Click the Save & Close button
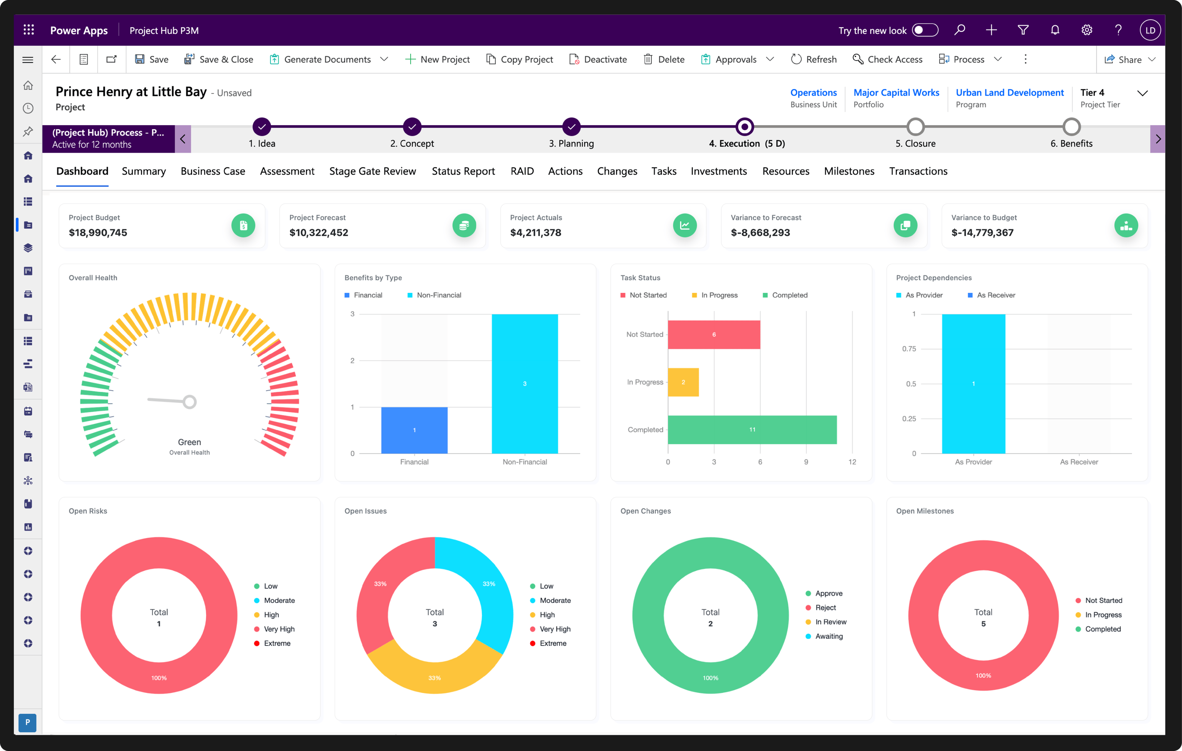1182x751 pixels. (219, 59)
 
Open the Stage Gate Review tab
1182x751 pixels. (372, 171)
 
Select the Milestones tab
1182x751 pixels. (849, 171)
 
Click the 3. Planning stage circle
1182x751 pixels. (571, 127)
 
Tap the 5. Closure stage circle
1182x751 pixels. (915, 127)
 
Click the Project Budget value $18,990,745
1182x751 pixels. (98, 233)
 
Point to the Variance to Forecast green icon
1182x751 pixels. (905, 226)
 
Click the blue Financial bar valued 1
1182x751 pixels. (414, 430)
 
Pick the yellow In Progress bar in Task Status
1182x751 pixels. (683, 382)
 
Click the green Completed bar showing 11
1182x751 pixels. (751, 429)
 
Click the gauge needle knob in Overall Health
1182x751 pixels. (189, 402)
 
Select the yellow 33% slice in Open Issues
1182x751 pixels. (434, 673)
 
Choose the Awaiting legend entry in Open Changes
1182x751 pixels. (829, 636)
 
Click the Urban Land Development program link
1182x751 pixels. (1009, 92)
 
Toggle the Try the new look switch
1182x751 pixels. (925, 30)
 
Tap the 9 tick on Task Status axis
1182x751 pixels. (806, 462)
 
